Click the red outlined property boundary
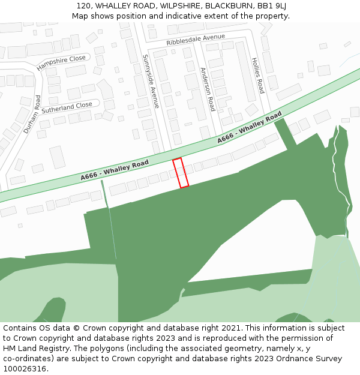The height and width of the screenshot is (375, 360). click(181, 173)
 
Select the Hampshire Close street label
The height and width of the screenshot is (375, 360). click(61, 63)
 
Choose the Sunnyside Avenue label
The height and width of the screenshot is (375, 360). click(151, 81)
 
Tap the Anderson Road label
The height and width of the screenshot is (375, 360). click(208, 89)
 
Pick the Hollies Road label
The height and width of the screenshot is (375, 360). click(257, 76)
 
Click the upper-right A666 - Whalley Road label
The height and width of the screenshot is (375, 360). click(249, 127)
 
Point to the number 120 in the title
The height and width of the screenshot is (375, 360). click(83, 5)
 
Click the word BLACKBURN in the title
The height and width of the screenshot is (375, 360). click(226, 5)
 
